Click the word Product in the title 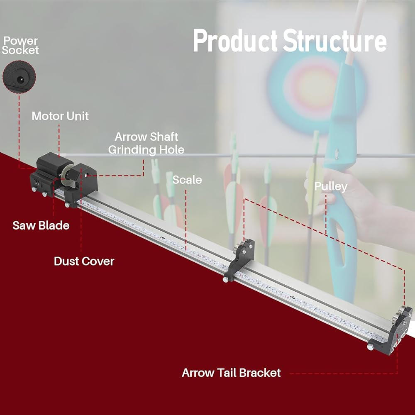tap(235, 41)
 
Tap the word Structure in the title tap(335, 41)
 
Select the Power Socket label tap(20, 45)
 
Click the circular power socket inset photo tap(19, 77)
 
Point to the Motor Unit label tap(60, 116)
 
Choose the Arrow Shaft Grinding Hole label tap(146, 143)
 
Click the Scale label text tap(187, 180)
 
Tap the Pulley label tap(331, 187)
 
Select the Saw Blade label tap(41, 225)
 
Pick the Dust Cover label tap(84, 261)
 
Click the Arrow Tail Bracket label tap(231, 373)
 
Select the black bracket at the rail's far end tap(394, 328)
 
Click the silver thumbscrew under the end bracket tap(370, 347)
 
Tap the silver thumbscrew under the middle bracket tap(225, 279)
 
